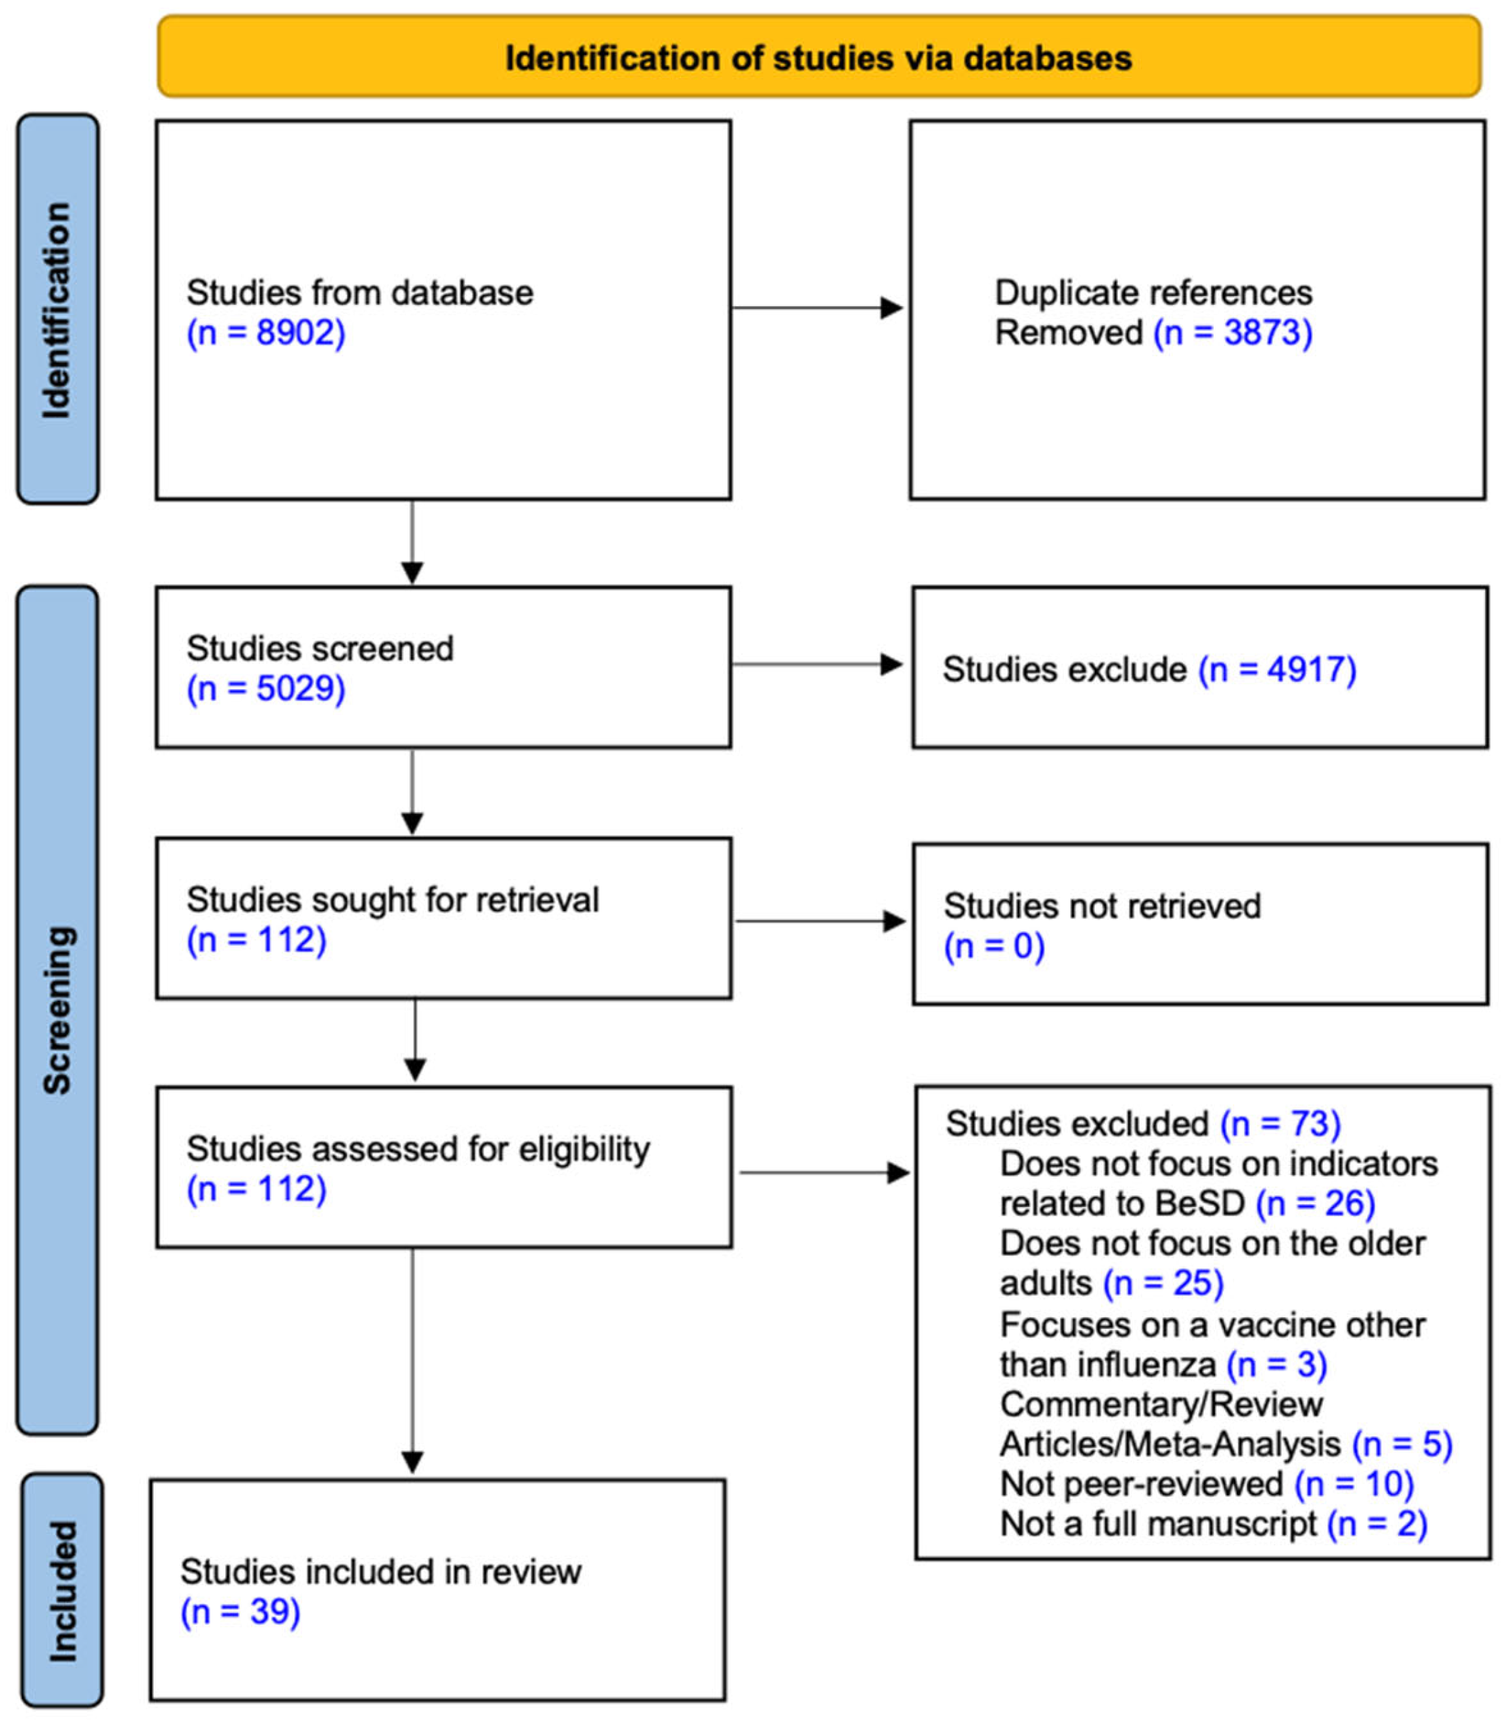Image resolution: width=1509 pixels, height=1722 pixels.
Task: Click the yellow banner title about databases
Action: pyautogui.click(x=818, y=58)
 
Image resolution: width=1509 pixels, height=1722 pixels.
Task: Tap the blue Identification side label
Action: pyautogui.click(x=57, y=309)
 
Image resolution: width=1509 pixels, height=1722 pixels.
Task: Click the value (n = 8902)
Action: pyautogui.click(x=266, y=333)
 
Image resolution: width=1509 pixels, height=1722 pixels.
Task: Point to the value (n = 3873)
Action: pyautogui.click(x=1233, y=333)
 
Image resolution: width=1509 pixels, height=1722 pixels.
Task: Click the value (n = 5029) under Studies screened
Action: pyautogui.click(x=266, y=689)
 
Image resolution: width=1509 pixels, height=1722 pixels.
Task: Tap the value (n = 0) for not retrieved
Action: pyautogui.click(x=994, y=946)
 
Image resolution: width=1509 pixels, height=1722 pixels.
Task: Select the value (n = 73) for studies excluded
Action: pyautogui.click(x=1280, y=1123)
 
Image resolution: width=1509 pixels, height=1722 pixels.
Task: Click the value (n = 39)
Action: pyautogui.click(x=240, y=1611)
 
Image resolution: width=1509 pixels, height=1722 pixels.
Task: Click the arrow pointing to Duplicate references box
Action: pyautogui.click(x=817, y=308)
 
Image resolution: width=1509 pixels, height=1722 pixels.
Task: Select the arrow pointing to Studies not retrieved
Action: pyautogui.click(x=820, y=921)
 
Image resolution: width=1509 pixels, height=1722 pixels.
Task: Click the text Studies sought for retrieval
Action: pyautogui.click(x=393, y=899)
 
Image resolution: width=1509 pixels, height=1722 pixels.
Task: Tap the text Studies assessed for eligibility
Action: pyautogui.click(x=418, y=1148)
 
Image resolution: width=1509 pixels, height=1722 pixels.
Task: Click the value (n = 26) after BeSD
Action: pyautogui.click(x=1315, y=1204)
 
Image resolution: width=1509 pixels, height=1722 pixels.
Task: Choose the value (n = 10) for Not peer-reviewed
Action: pyautogui.click(x=1353, y=1484)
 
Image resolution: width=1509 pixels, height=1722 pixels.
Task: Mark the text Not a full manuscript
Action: pyautogui.click(x=1158, y=1523)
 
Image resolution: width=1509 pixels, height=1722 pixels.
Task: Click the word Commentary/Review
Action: pyautogui.click(x=1161, y=1404)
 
